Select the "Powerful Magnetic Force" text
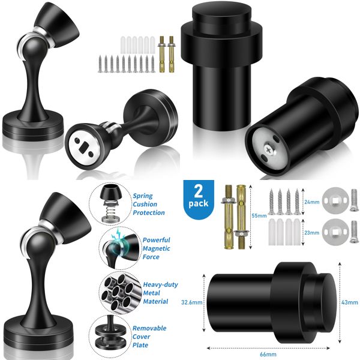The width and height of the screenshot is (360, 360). coord(156,248)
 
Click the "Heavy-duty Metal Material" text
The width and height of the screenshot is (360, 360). coord(155,293)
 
